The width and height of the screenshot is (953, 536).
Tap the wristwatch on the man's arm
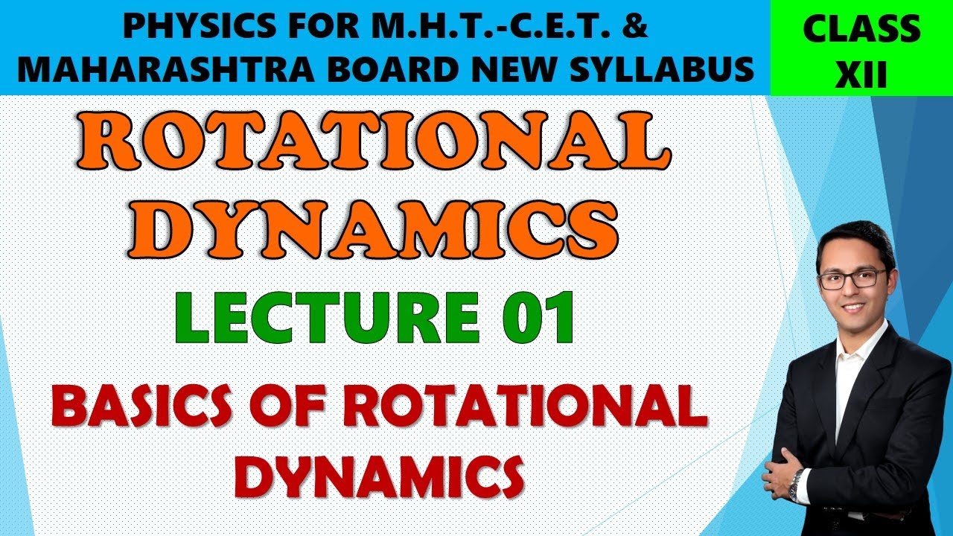tap(796, 485)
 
